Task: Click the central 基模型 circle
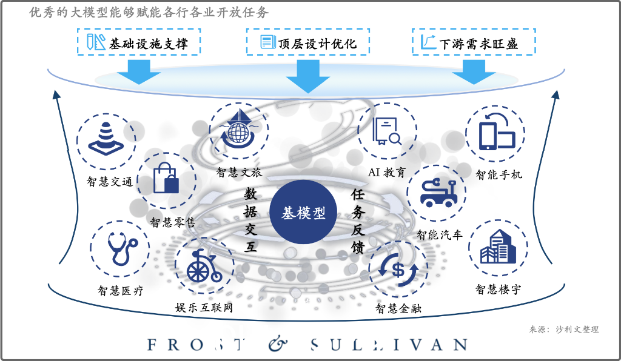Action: click(x=303, y=212)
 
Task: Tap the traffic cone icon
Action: click(x=106, y=138)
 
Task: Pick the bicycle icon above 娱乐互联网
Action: click(x=204, y=266)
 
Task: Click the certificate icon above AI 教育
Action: click(x=386, y=130)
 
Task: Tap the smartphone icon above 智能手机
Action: click(x=497, y=131)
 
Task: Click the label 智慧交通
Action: click(x=109, y=182)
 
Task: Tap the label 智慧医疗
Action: click(x=121, y=291)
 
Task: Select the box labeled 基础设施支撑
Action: click(x=139, y=42)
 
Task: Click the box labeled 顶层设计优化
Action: click(x=307, y=42)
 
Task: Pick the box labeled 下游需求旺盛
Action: click(x=474, y=42)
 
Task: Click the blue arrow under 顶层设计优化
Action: click(x=307, y=76)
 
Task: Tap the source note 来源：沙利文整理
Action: click(x=564, y=330)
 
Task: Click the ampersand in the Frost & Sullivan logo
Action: click(x=278, y=344)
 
